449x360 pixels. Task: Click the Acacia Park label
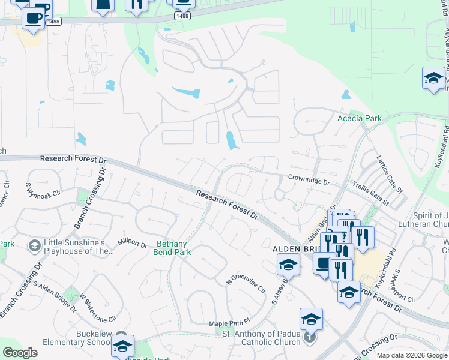(359, 119)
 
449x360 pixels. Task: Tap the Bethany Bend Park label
(174, 248)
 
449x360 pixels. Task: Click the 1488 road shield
(183, 16)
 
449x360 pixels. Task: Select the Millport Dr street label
(133, 244)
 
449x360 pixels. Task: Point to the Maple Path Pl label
(229, 324)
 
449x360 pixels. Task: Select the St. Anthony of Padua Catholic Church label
(261, 338)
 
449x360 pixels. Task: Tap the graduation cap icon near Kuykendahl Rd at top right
(433, 79)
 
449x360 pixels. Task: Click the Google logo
(19, 353)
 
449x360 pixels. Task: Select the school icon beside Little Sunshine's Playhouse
(35, 245)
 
